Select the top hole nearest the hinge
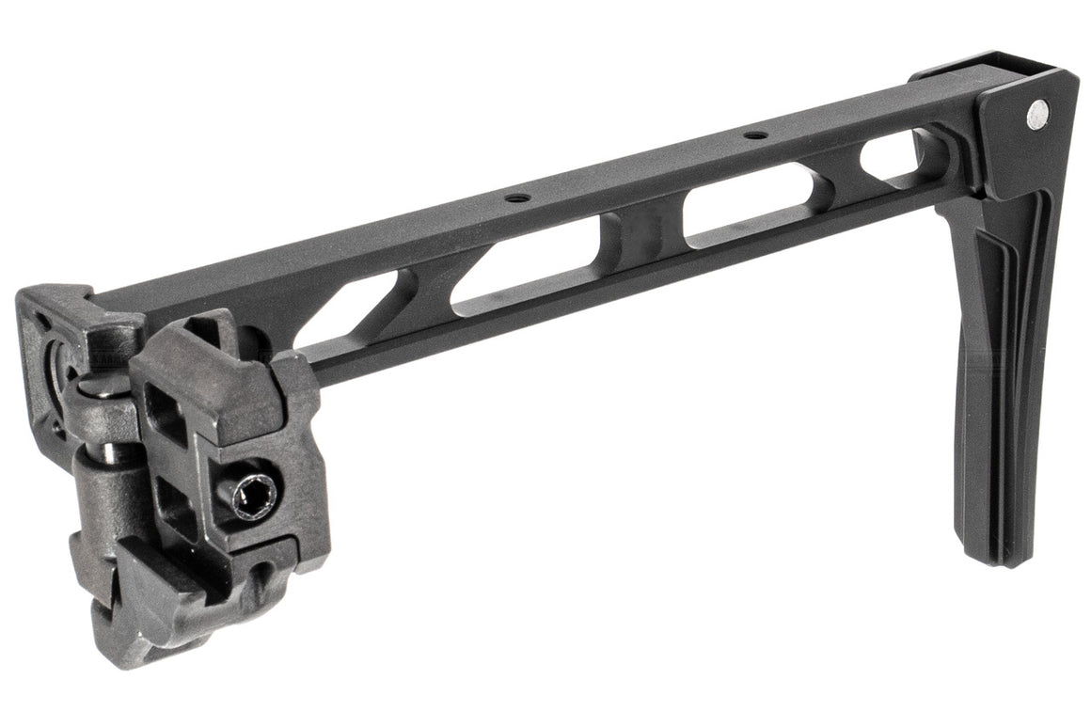(514, 198)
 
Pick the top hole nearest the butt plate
(754, 135)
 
